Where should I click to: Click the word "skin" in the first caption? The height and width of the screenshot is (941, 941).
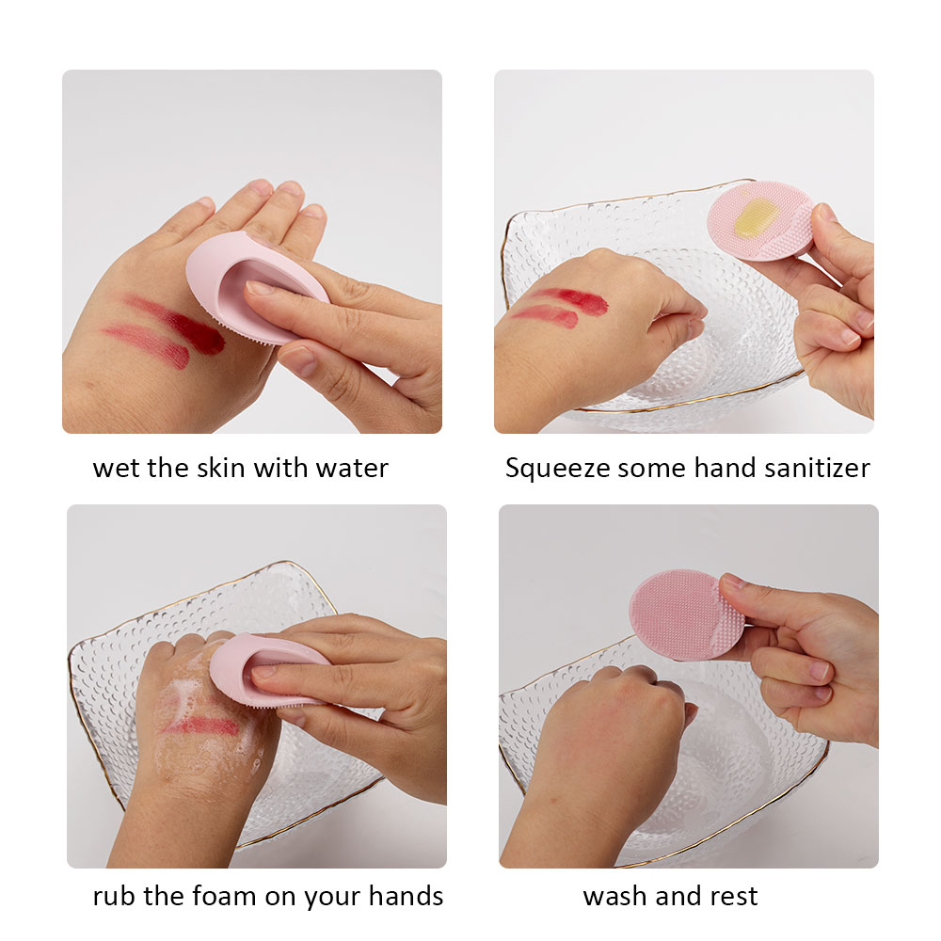[222, 468]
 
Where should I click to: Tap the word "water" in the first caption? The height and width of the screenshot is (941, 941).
[352, 469]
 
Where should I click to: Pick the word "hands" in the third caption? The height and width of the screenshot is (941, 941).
[406, 896]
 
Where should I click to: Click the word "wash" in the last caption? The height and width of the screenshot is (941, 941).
[615, 896]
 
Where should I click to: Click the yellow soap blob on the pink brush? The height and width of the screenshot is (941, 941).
[753, 217]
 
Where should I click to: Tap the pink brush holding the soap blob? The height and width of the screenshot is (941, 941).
[760, 221]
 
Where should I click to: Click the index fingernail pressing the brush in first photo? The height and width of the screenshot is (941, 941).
[261, 287]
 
